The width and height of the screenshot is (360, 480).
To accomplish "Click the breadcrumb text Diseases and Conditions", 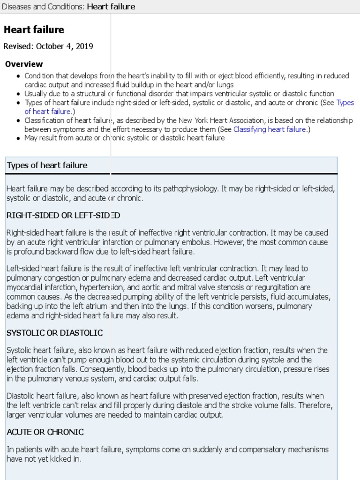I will click(42, 7).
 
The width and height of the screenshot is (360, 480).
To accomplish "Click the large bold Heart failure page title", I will click(34, 30).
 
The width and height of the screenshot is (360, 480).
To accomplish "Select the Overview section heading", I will click(23, 64).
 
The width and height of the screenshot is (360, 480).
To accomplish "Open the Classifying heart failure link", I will click(270, 129).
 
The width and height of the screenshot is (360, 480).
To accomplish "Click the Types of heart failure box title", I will click(47, 165).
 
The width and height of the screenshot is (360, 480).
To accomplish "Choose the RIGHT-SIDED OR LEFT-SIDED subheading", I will click(63, 216).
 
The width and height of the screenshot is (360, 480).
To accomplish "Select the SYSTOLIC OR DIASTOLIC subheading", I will click(54, 333).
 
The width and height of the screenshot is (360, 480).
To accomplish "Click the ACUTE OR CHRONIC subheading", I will click(45, 432).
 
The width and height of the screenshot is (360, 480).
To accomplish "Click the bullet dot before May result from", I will click(18, 139).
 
